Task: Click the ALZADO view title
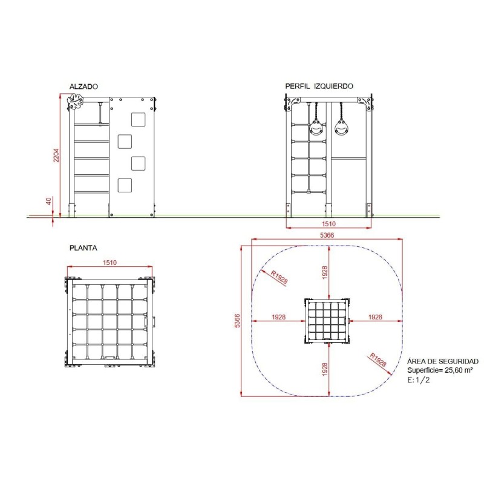83,87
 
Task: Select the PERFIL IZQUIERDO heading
319,86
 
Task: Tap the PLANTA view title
83,248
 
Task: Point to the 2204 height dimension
56,155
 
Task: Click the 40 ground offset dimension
49,201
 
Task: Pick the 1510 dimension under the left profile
329,224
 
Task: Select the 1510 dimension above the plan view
110,263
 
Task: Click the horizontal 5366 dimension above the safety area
327,235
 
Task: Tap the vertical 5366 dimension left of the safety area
237,321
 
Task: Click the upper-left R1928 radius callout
279,277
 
